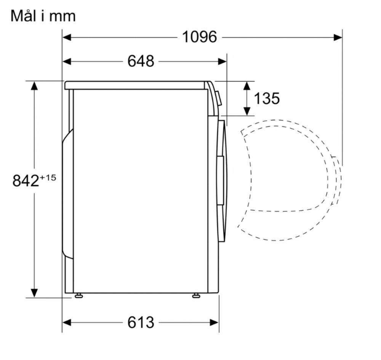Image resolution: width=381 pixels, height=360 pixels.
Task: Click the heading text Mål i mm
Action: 43,16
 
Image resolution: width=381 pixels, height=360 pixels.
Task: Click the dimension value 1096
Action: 200,37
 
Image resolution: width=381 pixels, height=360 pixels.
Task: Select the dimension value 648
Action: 141,61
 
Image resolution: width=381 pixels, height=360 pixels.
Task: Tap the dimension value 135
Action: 267,98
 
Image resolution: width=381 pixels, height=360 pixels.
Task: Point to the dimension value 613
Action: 141,322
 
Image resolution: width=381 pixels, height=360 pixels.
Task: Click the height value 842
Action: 26,181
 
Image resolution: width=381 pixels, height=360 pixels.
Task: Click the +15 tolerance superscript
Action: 48,178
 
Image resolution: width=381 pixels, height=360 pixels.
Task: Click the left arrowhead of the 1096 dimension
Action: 67,37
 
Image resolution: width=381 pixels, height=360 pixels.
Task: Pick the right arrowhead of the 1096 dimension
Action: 338,37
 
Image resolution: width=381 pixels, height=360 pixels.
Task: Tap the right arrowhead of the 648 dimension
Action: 223,61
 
